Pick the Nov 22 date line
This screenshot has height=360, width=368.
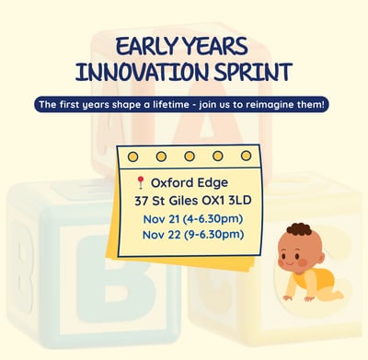(x=192, y=235)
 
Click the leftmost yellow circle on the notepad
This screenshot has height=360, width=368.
(x=132, y=156)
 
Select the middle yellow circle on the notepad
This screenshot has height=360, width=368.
(x=189, y=156)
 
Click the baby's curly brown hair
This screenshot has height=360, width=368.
(x=298, y=229)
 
